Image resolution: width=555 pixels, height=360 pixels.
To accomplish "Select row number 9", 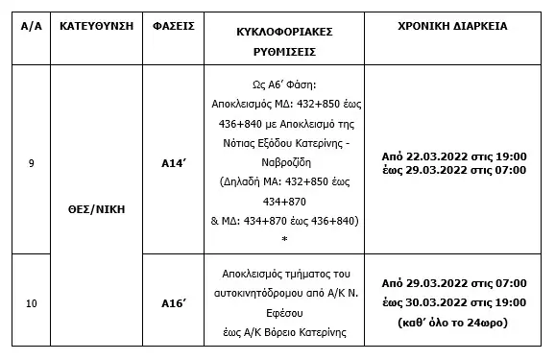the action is pos(31,161).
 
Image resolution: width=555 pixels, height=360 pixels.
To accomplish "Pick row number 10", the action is pos(32,303).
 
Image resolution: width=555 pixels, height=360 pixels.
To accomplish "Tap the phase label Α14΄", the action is pos(174,162).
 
